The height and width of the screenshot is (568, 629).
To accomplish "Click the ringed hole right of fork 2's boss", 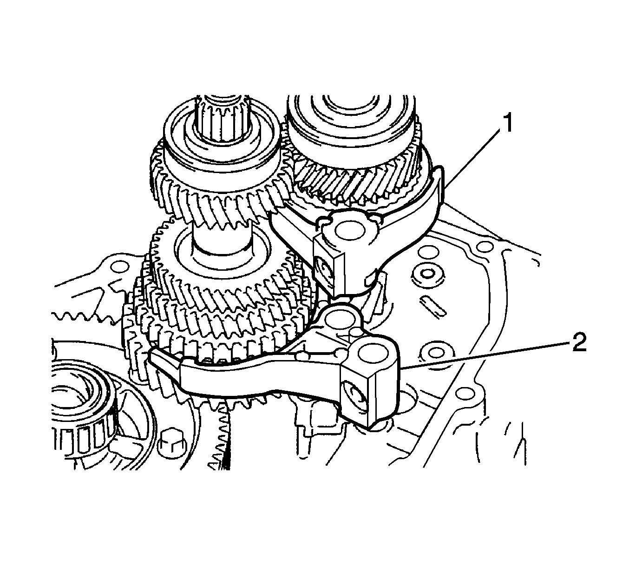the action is (433, 352).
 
